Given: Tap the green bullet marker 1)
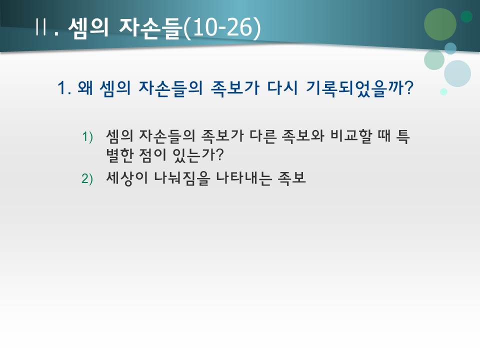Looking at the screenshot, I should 87,136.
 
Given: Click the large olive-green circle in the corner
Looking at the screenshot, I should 440,24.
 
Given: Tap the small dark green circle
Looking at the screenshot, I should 466,16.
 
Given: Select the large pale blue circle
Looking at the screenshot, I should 457,73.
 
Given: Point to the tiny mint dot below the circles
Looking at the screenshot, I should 443,91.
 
